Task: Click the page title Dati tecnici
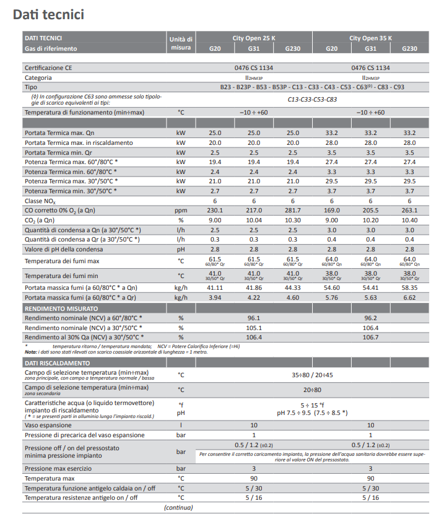(48, 14)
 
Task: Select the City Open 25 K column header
(253, 38)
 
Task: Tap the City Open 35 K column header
(370, 38)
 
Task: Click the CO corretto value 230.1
(215, 211)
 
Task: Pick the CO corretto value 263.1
(409, 211)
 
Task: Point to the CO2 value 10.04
(254, 220)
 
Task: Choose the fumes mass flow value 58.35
(409, 288)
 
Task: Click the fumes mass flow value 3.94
(215, 297)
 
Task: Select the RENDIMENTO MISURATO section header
(61, 308)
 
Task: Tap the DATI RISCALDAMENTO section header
(57, 362)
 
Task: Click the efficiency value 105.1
(254, 328)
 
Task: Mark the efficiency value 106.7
(370, 337)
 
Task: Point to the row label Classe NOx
(40, 201)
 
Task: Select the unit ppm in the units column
(181, 211)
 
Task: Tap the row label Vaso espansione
(48, 425)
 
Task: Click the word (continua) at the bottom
(181, 508)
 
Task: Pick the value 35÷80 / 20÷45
(312, 375)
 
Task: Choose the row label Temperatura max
(50, 479)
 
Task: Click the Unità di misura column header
(181, 43)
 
